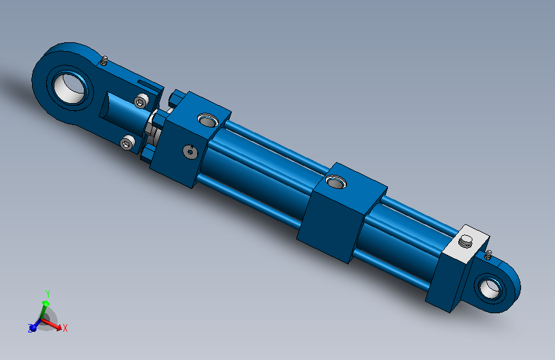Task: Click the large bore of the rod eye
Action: (x=70, y=88)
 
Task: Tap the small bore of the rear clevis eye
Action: (x=490, y=288)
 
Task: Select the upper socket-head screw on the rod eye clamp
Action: (x=142, y=101)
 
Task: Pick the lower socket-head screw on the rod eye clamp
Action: (x=127, y=142)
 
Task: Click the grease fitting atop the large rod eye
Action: (x=103, y=61)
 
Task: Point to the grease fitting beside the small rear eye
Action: (x=488, y=254)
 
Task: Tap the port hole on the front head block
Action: (x=208, y=120)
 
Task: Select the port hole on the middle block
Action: (x=335, y=182)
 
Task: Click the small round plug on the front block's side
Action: (x=190, y=152)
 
